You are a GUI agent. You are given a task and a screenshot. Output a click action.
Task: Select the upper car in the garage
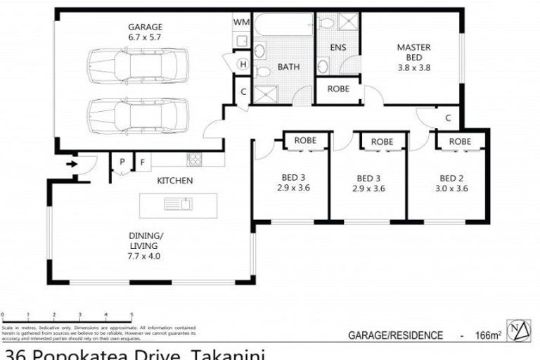tap(138, 67)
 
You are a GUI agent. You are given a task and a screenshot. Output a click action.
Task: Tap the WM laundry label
tap(240, 22)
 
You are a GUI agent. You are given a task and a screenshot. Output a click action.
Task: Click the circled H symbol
tap(243, 65)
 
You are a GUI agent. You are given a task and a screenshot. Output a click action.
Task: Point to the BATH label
tap(288, 67)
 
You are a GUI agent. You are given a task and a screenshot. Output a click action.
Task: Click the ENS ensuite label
tap(337, 48)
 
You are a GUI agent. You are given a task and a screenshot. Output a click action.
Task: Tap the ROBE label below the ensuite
tap(338, 89)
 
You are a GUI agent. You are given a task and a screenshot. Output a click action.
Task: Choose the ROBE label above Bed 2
tap(460, 141)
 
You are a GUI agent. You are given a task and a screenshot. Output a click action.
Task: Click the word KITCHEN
tap(174, 181)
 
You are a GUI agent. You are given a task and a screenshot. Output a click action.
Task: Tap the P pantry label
tap(122, 162)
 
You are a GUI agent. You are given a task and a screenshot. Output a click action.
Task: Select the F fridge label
tap(142, 162)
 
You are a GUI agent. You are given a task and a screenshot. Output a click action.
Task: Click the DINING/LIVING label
tap(144, 245)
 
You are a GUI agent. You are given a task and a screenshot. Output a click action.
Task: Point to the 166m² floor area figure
tap(486, 335)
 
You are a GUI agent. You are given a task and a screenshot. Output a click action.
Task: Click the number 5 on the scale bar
tap(131, 315)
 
